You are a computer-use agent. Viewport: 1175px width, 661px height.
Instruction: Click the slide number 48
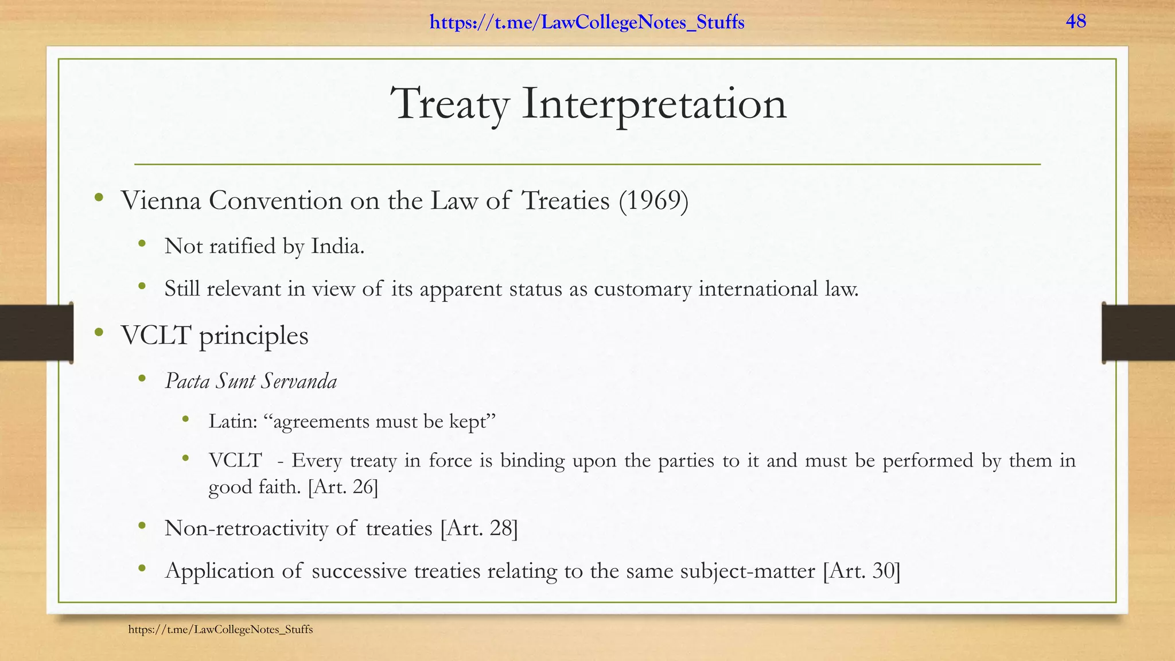pos(1076,22)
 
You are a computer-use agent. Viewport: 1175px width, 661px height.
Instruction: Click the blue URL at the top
pos(587,23)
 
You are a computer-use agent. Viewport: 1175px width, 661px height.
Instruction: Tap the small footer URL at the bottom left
pos(220,629)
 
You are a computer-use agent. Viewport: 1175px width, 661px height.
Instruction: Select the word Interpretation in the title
pos(654,104)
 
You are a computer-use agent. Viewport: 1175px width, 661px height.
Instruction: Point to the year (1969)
pos(653,201)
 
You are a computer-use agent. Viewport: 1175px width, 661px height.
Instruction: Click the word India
pos(338,246)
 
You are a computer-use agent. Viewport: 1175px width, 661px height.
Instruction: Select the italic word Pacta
pos(187,381)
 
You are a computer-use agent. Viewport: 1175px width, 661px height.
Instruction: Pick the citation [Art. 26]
pos(343,487)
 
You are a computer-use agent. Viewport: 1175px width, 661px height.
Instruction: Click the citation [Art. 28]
pos(479,528)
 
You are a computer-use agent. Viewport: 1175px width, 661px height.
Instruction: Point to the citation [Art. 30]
pos(861,571)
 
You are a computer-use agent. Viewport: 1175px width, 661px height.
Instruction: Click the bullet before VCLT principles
pos(99,332)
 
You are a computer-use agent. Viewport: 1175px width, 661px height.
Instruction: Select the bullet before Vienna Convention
pos(99,197)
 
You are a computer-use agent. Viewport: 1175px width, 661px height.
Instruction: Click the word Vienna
pos(161,201)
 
